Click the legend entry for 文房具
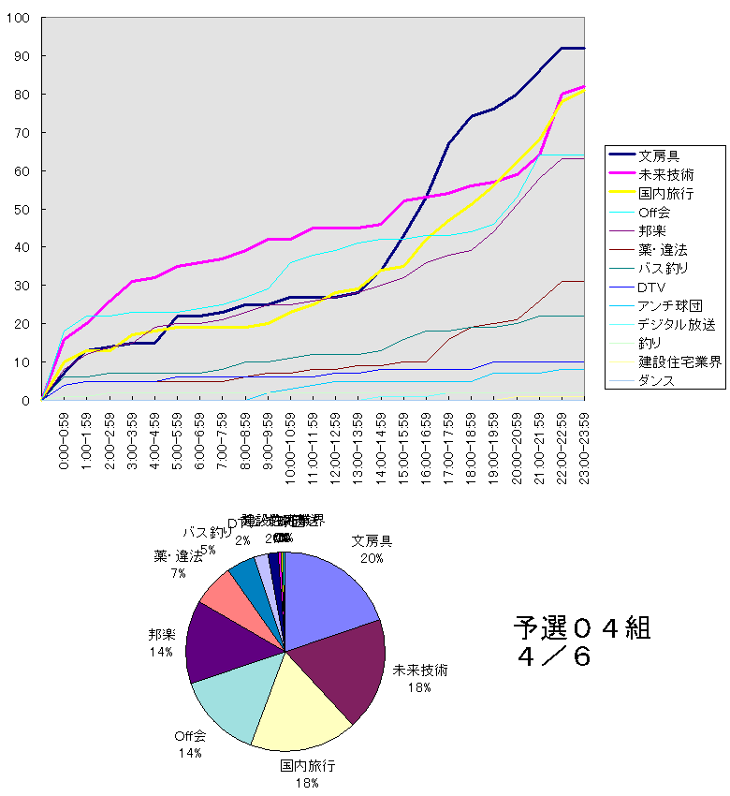coord(659,155)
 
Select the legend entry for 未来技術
coord(665,174)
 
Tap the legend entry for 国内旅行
coord(665,193)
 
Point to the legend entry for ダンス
coord(658,380)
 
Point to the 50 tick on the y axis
coord(22,210)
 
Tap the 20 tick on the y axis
coord(22,324)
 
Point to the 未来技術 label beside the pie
coord(419,671)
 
